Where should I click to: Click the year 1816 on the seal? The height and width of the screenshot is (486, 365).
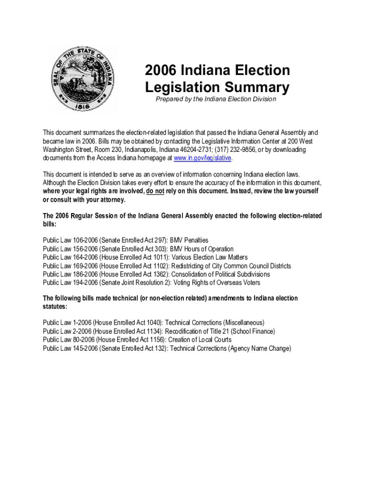83,108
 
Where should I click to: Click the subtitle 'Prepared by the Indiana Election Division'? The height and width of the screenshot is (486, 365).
216,99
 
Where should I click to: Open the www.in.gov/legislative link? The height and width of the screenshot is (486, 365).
202,158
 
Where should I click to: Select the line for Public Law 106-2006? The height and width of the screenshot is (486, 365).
126,241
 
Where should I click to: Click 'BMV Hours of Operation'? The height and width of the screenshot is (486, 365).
201,249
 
